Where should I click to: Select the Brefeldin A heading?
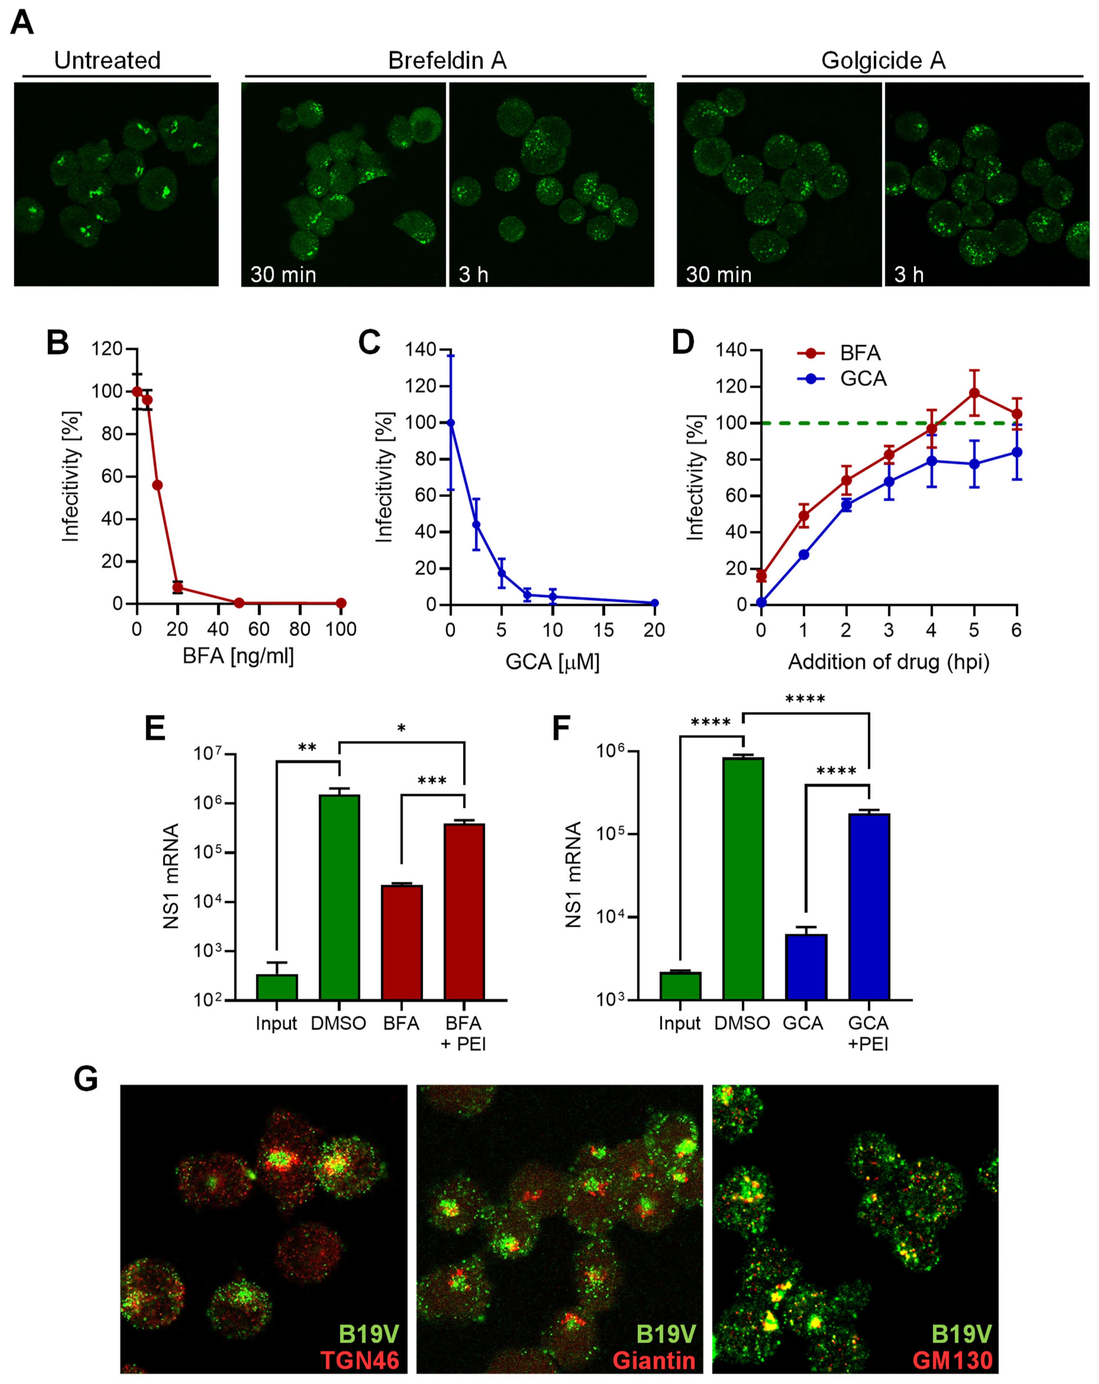point(447,60)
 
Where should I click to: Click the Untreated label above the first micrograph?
point(107,60)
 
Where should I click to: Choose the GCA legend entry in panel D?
point(863,379)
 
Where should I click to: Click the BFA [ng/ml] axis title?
point(238,656)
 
